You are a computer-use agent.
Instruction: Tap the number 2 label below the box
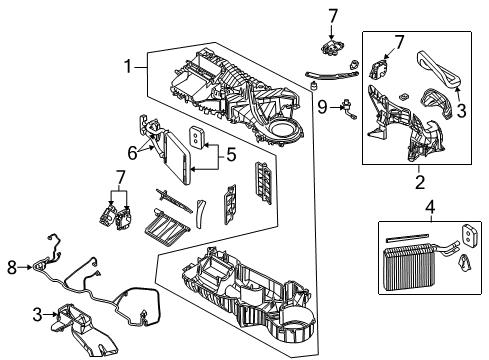pyautogui.click(x=419, y=182)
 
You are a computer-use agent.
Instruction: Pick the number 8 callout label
pyautogui.click(x=12, y=266)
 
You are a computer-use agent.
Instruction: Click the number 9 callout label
pyautogui.click(x=322, y=105)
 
